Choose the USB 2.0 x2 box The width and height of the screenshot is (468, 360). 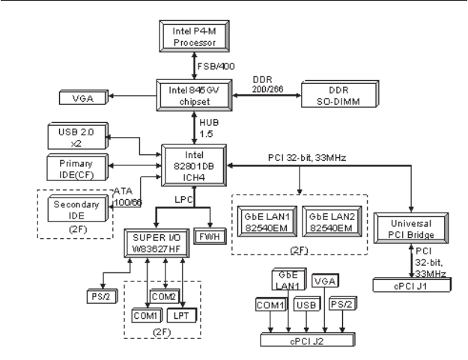pyautogui.click(x=75, y=137)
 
